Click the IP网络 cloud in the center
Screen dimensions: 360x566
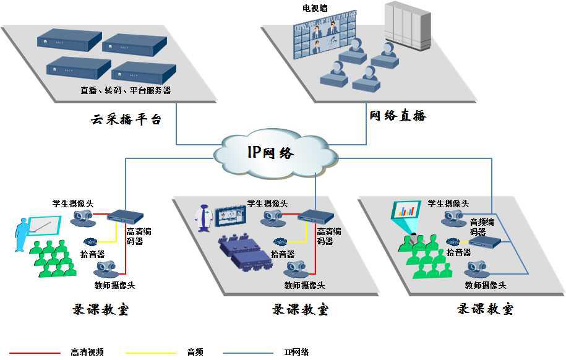[x=275, y=152]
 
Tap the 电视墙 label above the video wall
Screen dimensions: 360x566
[x=315, y=8]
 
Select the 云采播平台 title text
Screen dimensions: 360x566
[x=126, y=119]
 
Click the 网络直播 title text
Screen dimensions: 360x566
[x=398, y=115]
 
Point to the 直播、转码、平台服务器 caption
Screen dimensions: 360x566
[x=126, y=90]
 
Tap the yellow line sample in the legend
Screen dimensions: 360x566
[x=151, y=353]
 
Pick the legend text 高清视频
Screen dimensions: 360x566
[x=87, y=353]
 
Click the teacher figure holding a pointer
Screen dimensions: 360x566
[x=24, y=234]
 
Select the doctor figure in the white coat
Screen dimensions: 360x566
[x=203, y=219]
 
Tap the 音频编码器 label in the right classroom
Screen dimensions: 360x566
[x=482, y=227]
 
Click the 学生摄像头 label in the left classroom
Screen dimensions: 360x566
[x=72, y=203]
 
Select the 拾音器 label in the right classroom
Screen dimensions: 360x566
[x=459, y=252]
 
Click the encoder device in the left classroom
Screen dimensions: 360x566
[x=125, y=217]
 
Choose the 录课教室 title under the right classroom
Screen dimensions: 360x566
[x=485, y=309]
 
